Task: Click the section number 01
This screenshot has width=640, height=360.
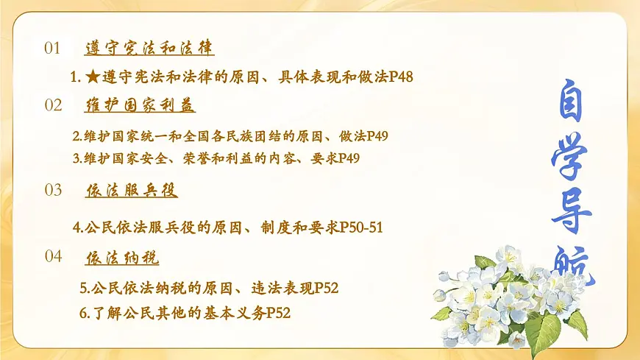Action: (x=52, y=49)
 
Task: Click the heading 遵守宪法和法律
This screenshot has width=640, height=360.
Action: (x=149, y=49)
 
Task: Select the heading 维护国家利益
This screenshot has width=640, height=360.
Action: (x=140, y=106)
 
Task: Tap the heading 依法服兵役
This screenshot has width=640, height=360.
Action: (x=132, y=191)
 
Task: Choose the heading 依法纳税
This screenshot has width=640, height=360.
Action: (x=122, y=258)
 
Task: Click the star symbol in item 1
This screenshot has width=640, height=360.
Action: (x=92, y=77)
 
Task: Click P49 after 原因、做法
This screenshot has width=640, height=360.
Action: (x=375, y=136)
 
